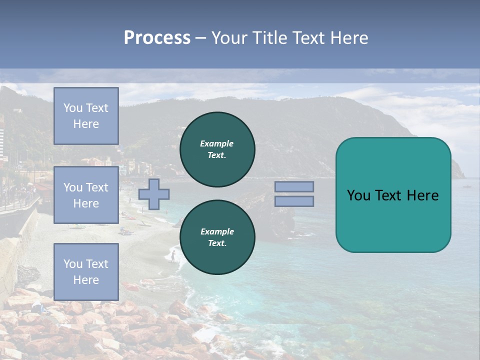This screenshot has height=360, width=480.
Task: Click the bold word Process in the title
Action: point(157,38)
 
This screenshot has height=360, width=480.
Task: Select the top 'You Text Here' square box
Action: point(86,116)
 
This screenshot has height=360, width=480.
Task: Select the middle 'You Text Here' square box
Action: point(86,195)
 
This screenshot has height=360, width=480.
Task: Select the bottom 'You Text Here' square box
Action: point(86,271)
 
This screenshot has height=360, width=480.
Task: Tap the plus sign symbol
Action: point(154,194)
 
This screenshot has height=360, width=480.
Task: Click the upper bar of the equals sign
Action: point(294,186)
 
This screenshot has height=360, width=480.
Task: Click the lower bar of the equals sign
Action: point(294,201)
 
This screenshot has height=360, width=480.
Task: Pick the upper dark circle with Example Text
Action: point(217,149)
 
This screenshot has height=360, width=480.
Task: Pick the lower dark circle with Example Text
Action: point(217,237)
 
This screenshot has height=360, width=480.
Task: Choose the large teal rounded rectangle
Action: point(393,195)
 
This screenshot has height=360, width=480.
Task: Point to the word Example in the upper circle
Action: point(216,143)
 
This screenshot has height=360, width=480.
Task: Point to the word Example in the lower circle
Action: point(216,231)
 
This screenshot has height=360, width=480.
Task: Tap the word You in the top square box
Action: point(73,108)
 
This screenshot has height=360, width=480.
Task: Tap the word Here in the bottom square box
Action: point(86,280)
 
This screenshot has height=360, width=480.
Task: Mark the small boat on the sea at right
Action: point(467,186)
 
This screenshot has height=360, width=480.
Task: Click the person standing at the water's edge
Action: point(173,256)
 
